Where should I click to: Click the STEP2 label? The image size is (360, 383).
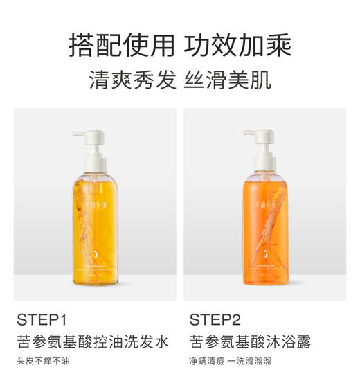coord(215,320)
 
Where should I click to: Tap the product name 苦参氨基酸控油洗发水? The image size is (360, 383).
coord(93,341)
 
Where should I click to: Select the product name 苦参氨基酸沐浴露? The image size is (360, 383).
coord(250,341)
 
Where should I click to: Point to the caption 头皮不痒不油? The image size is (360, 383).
coord(44,361)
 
